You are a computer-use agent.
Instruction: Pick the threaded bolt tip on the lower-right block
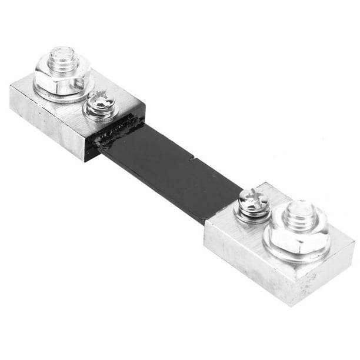(301, 215)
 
